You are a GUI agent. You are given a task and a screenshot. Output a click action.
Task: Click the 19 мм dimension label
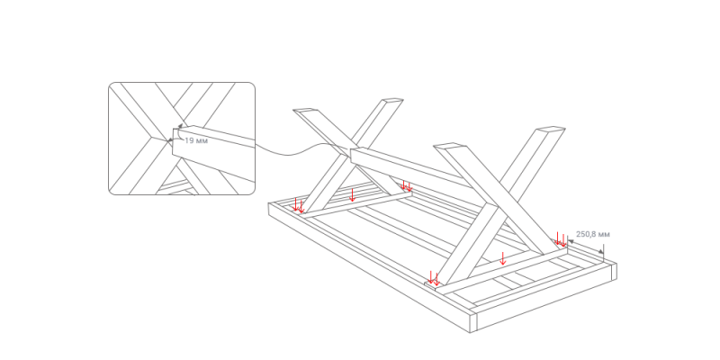(196, 140)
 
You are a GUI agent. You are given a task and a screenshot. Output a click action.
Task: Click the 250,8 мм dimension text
(593, 234)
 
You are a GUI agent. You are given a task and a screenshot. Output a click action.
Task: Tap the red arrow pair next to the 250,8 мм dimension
(561, 238)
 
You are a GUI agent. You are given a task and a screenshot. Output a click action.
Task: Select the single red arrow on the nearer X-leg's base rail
(503, 258)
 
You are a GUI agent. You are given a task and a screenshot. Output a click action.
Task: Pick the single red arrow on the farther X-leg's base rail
(352, 194)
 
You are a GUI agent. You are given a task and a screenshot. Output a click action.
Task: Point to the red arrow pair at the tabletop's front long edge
(434, 278)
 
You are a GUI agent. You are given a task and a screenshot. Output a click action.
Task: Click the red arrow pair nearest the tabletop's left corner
(299, 205)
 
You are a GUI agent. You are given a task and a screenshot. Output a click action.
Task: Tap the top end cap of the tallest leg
(550, 130)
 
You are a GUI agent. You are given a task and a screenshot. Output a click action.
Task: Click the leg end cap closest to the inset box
(305, 110)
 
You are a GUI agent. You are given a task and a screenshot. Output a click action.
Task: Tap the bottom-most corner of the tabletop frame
(470, 332)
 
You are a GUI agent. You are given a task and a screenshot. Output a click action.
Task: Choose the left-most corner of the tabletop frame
(268, 204)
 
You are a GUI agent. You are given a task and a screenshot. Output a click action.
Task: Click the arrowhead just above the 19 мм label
(181, 125)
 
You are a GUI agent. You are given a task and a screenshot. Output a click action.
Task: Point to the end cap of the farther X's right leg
(392, 100)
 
